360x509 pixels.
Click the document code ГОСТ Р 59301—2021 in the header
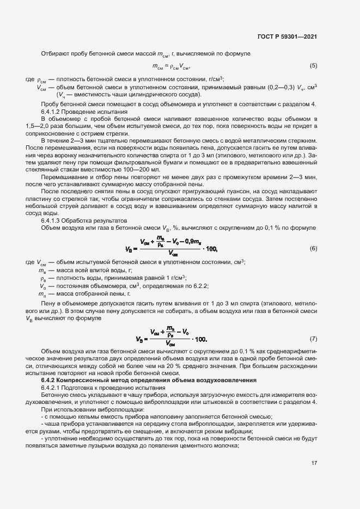tap(287, 37)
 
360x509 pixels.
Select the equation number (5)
tap(314, 66)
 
